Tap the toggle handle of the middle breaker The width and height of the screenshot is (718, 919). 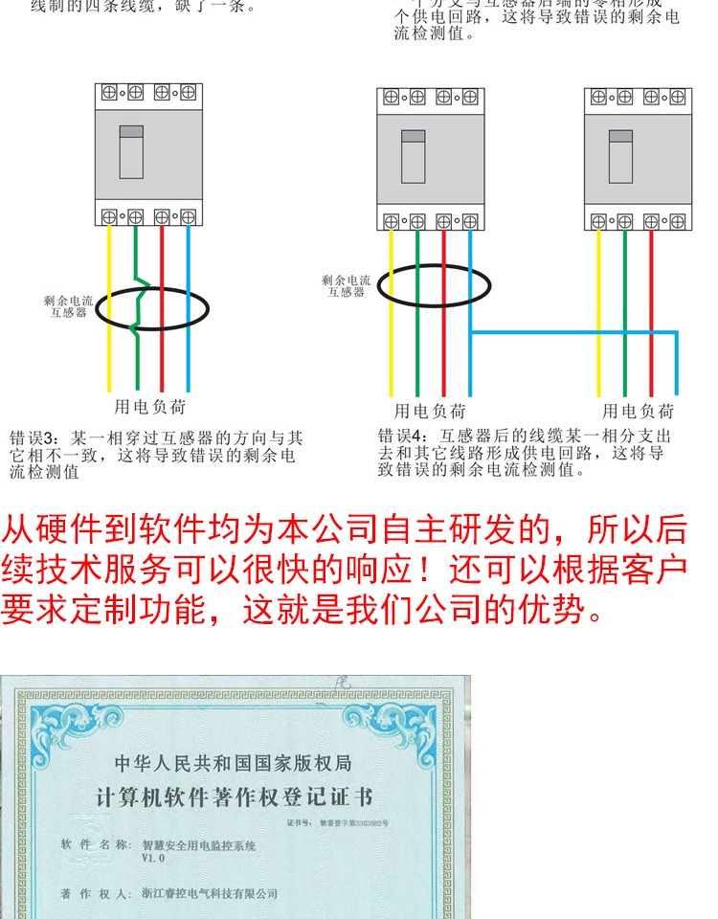pyautogui.click(x=413, y=156)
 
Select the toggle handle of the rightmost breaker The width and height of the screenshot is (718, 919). pyautogui.click(x=620, y=156)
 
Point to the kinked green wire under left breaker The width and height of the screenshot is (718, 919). pyautogui.click(x=140, y=306)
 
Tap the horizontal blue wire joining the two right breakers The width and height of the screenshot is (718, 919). pyautogui.click(x=574, y=332)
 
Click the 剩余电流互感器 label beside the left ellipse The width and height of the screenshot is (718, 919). pyautogui.click(x=68, y=306)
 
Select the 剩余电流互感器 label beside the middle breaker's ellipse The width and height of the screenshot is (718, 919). pyautogui.click(x=346, y=286)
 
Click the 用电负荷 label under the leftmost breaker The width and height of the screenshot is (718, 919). pyautogui.click(x=150, y=407)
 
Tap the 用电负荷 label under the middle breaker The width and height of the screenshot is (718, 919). pyautogui.click(x=430, y=412)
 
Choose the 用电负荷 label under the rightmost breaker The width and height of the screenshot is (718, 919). pyautogui.click(x=638, y=412)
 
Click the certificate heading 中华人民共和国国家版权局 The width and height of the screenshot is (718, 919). pyautogui.click(x=234, y=763)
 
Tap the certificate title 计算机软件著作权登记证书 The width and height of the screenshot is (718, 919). pyautogui.click(x=234, y=798)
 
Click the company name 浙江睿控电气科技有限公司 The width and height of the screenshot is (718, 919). pyautogui.click(x=210, y=893)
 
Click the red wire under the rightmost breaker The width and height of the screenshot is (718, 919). pyautogui.click(x=650, y=316)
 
